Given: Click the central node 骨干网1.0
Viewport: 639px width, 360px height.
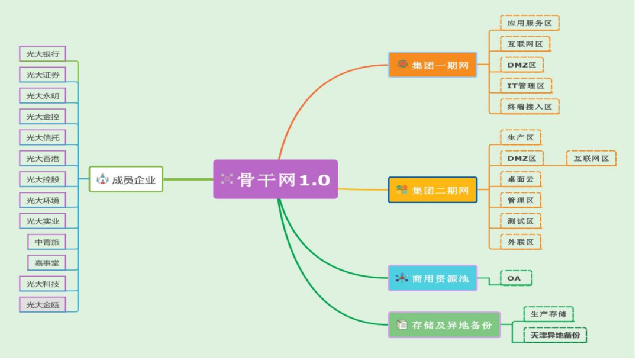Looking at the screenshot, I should pos(276,179).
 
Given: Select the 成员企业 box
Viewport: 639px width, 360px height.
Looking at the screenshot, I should pos(126,179).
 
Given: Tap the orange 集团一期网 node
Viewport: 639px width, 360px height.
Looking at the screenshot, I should pos(433,65).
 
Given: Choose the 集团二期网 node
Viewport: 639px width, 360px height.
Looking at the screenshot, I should pos(433,190).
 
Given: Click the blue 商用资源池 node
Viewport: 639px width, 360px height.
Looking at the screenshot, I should pos(433,278).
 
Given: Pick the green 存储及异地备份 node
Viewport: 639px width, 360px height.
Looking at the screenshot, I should pos(444,325).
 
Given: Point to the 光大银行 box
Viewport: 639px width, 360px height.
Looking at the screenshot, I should pos(42,53).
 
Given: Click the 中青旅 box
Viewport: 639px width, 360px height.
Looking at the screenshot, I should pos(46,242).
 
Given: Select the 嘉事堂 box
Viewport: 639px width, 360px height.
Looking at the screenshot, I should pos(46,262).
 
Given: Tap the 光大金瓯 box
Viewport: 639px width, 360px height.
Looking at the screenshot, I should pos(42,305).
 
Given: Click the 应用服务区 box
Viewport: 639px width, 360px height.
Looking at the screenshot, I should pos(530,23).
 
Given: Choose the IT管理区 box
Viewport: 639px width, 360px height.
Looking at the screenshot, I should pos(525,85).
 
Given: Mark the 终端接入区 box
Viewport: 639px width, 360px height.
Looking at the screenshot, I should pos(530,107).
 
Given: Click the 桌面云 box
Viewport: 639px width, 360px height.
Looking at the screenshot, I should pos(520,179).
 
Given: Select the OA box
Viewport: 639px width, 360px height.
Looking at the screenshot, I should pos(516,278).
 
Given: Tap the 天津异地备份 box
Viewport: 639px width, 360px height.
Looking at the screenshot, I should pos(555,335).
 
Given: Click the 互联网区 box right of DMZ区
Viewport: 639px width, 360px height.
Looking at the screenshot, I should pos(591,158).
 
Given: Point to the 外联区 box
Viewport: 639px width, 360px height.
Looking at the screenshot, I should pos(520,242).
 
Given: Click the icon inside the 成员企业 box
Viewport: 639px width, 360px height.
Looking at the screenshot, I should pos(102,179).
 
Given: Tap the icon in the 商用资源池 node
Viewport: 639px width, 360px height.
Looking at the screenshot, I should pos(402,278).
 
